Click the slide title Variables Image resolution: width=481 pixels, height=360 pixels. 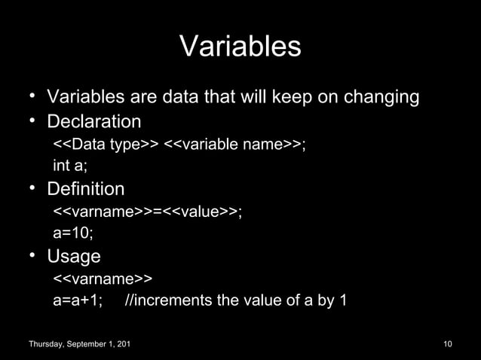click(240, 47)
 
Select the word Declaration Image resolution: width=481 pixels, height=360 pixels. click(94, 121)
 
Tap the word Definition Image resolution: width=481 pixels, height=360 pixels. click(86, 188)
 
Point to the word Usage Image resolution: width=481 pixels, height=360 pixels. click(74, 256)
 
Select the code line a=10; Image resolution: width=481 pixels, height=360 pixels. click(73, 233)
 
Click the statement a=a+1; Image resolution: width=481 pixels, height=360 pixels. click(78, 301)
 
